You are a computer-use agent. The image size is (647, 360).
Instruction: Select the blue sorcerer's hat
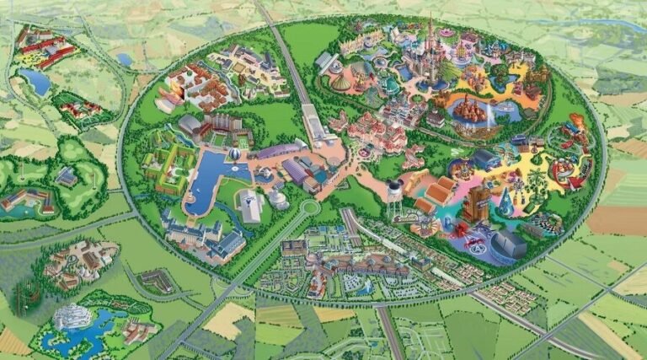click(505, 202)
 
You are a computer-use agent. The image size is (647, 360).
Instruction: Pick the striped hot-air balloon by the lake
click(235, 154)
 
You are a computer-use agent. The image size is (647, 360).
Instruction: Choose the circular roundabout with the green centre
click(310, 207)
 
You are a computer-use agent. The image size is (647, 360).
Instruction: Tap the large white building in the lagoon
click(72, 316)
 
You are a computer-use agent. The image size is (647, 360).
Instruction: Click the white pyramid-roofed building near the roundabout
click(251, 204)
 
